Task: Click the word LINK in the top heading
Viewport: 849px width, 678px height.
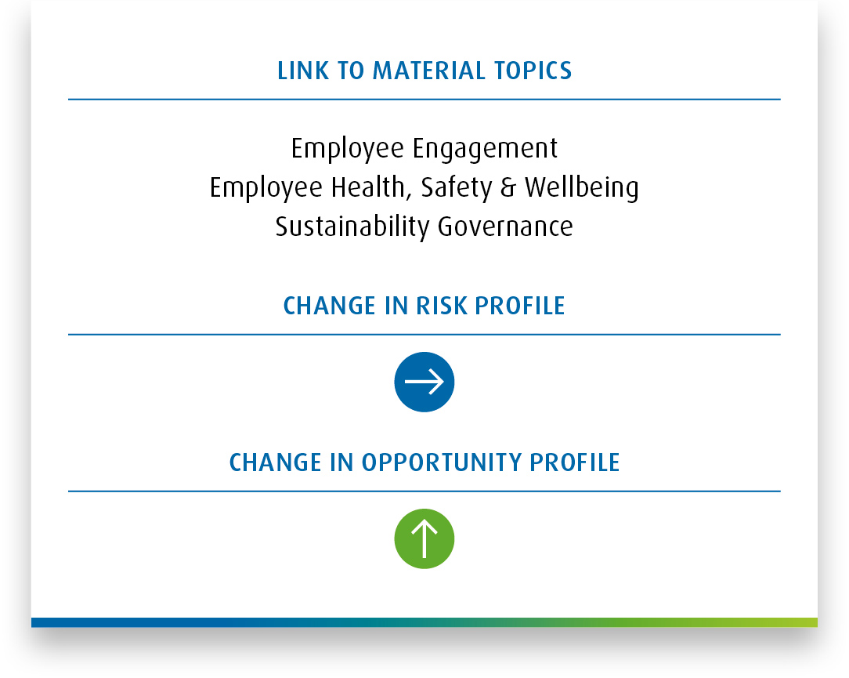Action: tap(302, 71)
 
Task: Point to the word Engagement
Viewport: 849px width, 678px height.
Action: tap(485, 149)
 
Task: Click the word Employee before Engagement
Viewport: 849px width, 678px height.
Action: tap(348, 149)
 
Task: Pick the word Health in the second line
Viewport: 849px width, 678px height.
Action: tap(368, 187)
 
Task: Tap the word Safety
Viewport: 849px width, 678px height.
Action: tap(457, 188)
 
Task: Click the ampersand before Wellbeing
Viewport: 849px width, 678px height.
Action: tap(508, 187)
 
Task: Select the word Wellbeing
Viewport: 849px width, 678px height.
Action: tap(582, 188)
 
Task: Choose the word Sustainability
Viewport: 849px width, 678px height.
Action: tap(352, 227)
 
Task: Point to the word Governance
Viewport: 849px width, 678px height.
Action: tap(505, 227)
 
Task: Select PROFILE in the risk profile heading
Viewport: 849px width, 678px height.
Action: tap(520, 306)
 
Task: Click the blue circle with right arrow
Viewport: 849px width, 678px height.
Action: tap(424, 382)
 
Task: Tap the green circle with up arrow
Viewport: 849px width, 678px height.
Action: tap(424, 538)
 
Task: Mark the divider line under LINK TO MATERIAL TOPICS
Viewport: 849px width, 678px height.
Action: tap(424, 100)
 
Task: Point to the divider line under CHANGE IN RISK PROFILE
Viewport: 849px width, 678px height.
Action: tap(424, 335)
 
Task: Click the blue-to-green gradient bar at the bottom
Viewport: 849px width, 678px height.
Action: tap(424, 622)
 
